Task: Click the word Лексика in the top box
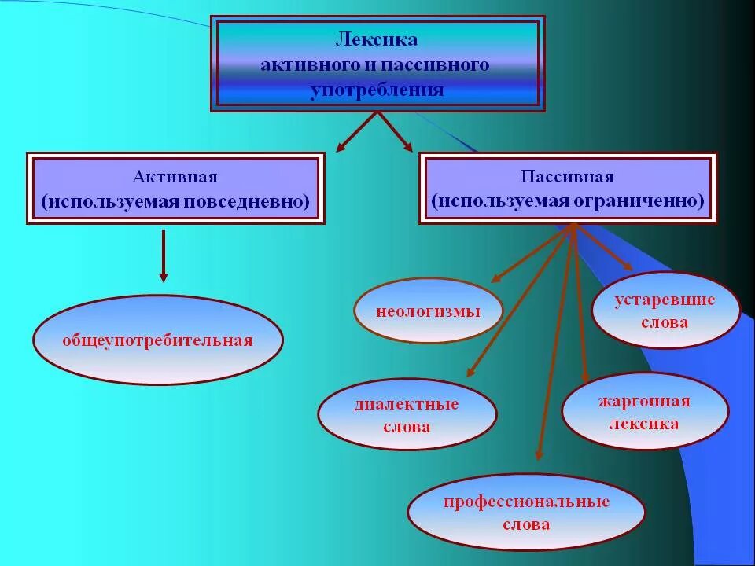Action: [377, 39]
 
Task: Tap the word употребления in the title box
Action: [377, 90]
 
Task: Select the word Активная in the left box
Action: [175, 177]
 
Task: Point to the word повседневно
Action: [245, 202]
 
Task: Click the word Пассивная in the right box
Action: [567, 177]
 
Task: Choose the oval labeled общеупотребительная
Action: [157, 340]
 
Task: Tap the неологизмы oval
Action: [428, 311]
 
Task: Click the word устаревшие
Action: [665, 300]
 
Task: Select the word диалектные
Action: [407, 404]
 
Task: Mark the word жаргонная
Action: [643, 402]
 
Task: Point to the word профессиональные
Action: [526, 502]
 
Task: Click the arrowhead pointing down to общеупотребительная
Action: [164, 276]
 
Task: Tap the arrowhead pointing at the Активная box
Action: [342, 146]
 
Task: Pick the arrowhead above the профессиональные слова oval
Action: [539, 454]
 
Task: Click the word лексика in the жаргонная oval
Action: [643, 424]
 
